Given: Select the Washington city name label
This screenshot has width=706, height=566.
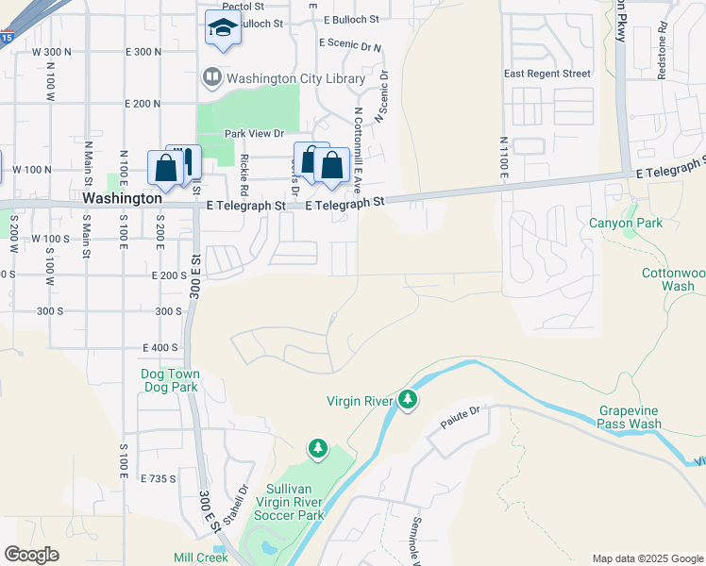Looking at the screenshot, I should pyautogui.click(x=122, y=199).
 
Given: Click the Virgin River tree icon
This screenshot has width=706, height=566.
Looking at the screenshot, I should pyautogui.click(x=408, y=401).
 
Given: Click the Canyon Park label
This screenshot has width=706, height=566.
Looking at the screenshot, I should pyautogui.click(x=626, y=224).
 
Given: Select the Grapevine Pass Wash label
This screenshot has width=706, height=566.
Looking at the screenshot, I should pyautogui.click(x=630, y=417).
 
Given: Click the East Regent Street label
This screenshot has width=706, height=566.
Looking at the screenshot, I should pyautogui.click(x=547, y=74).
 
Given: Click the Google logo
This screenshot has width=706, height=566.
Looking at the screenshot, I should pyautogui.click(x=31, y=555).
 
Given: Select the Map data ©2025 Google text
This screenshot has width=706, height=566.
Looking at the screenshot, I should pyautogui.click(x=647, y=558).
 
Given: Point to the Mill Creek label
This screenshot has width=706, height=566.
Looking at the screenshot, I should pyautogui.click(x=201, y=558).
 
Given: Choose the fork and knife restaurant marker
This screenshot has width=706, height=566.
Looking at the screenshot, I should pyautogui.click(x=187, y=162).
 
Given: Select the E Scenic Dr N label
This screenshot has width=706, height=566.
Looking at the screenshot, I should pyautogui.click(x=350, y=43).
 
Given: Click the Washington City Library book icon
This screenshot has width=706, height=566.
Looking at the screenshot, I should pyautogui.click(x=211, y=78).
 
